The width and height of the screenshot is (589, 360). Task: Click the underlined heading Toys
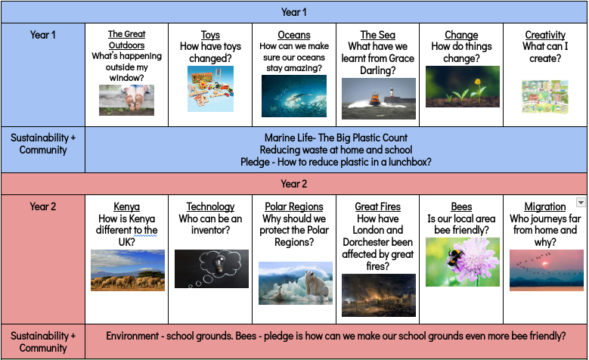(x=210, y=35)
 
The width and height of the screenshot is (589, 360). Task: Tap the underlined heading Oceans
(x=294, y=35)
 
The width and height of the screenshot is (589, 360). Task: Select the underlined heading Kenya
(x=126, y=206)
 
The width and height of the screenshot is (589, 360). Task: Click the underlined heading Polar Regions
(x=294, y=206)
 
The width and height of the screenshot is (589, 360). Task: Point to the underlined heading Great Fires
(x=378, y=206)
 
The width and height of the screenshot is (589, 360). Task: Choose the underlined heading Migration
(x=545, y=206)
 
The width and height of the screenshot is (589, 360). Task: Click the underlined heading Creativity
(x=545, y=35)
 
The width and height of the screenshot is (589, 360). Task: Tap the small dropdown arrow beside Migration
(x=581, y=203)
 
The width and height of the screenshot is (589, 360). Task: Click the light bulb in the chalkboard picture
(x=219, y=262)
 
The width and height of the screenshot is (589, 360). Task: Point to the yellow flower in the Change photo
(x=477, y=81)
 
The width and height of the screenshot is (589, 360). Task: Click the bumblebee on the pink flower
(x=454, y=257)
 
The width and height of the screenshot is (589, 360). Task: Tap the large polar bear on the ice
(x=316, y=284)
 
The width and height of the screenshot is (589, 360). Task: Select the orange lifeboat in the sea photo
(x=374, y=98)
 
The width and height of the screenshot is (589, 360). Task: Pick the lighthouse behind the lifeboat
(x=392, y=92)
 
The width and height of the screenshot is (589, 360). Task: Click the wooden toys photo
(x=210, y=88)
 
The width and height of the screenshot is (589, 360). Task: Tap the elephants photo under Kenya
(x=128, y=270)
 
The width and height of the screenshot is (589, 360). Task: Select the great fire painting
(x=379, y=296)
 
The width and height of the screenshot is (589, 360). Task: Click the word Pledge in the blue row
(x=256, y=162)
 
